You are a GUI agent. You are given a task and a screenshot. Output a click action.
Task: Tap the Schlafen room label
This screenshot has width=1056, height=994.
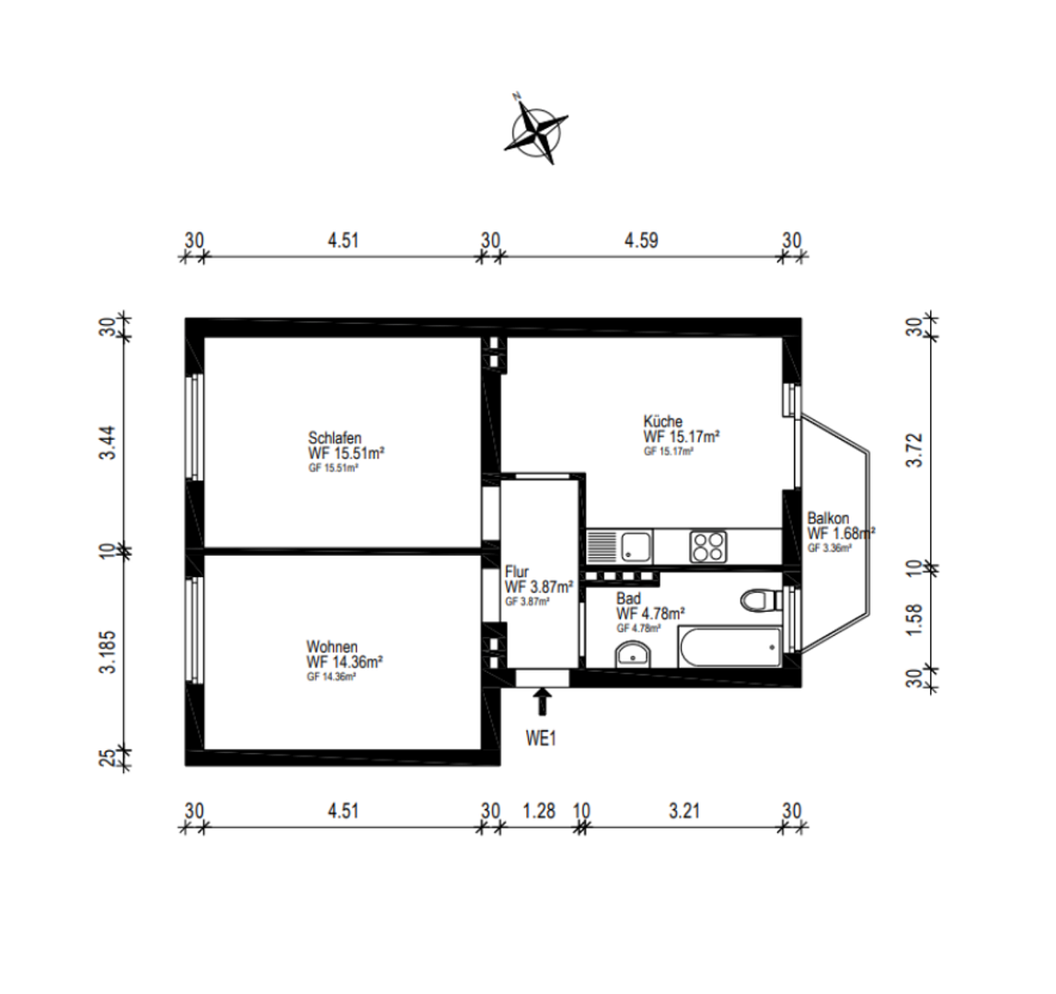pos(335,436)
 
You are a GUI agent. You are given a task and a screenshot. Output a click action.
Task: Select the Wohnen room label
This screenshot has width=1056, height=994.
pos(332,647)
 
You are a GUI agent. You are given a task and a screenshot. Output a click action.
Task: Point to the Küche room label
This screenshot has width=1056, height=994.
pos(662,422)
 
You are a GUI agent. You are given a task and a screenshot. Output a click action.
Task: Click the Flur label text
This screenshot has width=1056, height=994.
pos(517,572)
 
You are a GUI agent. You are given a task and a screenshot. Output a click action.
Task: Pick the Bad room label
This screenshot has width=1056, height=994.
pos(628,598)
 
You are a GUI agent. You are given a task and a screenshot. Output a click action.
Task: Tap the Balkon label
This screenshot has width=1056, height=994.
pos(829,518)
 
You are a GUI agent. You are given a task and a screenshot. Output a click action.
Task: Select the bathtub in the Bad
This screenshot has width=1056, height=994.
pos(730,647)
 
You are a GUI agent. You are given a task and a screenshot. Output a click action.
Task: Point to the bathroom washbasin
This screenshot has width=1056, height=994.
pos(632,653)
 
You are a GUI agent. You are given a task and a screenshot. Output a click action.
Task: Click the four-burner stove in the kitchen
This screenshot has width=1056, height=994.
pos(707,547)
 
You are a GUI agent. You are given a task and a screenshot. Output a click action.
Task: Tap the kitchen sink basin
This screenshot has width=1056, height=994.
pos(636,547)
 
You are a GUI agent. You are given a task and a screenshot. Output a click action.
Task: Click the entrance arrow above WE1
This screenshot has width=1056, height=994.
pos(543,701)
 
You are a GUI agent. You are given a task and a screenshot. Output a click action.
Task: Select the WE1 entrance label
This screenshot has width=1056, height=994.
pos(541,738)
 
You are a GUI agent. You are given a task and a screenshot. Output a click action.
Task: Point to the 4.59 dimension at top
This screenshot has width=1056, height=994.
pos(641,240)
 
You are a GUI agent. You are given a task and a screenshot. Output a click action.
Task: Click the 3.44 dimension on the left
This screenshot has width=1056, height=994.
pos(108,443)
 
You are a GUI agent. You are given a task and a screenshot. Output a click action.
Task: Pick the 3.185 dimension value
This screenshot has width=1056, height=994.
pos(108,653)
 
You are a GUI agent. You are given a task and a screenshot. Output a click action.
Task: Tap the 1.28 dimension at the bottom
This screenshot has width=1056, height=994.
pos(539,811)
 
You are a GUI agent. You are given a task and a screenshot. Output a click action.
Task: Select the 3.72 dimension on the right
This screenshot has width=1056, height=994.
pos(914,449)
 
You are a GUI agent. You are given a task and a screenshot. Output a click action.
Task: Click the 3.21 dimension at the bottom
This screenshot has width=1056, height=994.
pos(684,811)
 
